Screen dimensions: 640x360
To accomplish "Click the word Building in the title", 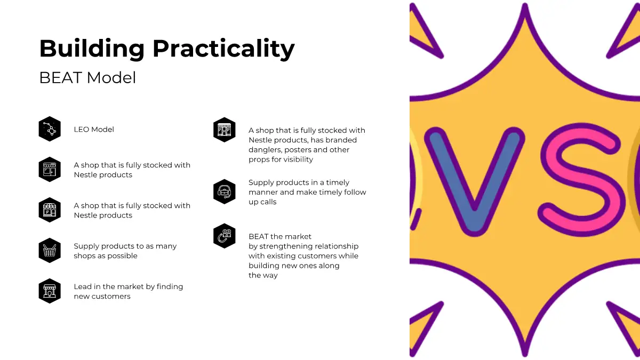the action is (x=92, y=49).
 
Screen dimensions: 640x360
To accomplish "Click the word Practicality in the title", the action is (x=223, y=49).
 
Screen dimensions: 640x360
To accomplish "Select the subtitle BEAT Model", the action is (x=87, y=78).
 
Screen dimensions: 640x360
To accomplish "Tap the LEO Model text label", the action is (x=94, y=130).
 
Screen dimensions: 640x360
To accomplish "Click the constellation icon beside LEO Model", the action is (x=50, y=129).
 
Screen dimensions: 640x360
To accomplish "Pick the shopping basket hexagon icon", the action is (x=50, y=250).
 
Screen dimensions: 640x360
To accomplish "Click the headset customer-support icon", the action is (x=225, y=191).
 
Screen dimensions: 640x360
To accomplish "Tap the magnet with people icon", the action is (x=225, y=236).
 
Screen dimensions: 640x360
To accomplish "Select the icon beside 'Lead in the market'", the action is (x=50, y=291).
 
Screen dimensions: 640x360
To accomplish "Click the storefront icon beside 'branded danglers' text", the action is (x=225, y=130).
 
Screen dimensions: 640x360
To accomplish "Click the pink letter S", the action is (x=581, y=180).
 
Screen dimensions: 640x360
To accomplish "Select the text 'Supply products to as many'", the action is (x=125, y=246).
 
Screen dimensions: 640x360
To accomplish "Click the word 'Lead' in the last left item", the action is (x=81, y=286).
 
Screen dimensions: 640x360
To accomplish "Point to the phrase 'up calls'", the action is (x=262, y=202).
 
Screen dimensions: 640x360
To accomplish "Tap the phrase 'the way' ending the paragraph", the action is (x=263, y=275).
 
